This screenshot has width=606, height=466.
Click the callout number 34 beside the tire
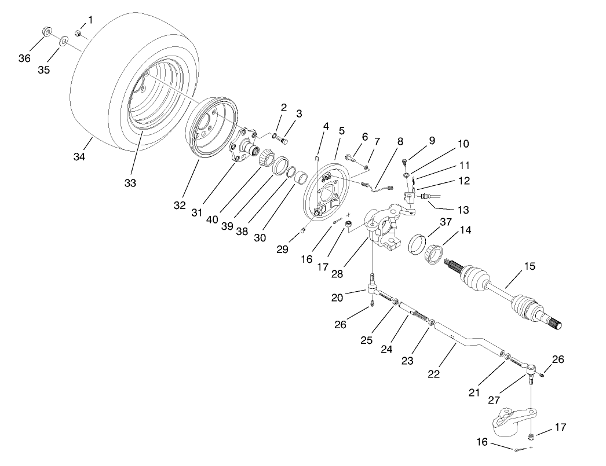click(x=79, y=156)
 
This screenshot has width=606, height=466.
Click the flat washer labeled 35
click(x=63, y=41)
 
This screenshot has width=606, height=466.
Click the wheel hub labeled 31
click(x=243, y=145)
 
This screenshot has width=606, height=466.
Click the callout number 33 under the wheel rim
click(x=130, y=183)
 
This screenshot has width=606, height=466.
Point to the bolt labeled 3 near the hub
click(x=282, y=141)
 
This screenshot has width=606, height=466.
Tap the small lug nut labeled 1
click(x=77, y=33)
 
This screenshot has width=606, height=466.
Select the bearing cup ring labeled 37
click(x=417, y=243)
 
